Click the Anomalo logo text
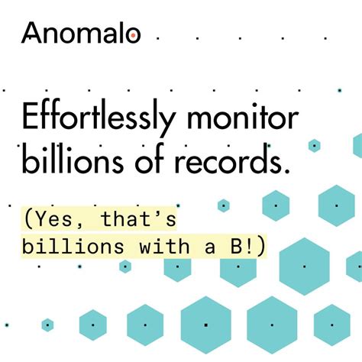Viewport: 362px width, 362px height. point(81,32)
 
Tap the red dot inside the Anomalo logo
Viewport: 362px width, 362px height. point(133,35)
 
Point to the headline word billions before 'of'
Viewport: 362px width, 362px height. point(73,162)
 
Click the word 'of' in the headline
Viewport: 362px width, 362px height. point(157,162)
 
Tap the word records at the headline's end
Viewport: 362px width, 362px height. point(237,162)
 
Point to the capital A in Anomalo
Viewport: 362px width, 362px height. point(33,32)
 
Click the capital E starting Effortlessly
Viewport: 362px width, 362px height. point(31,120)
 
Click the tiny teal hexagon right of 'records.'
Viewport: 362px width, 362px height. point(315,145)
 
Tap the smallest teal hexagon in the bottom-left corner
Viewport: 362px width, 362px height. point(47,325)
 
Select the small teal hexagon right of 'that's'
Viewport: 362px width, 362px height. point(223,205)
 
